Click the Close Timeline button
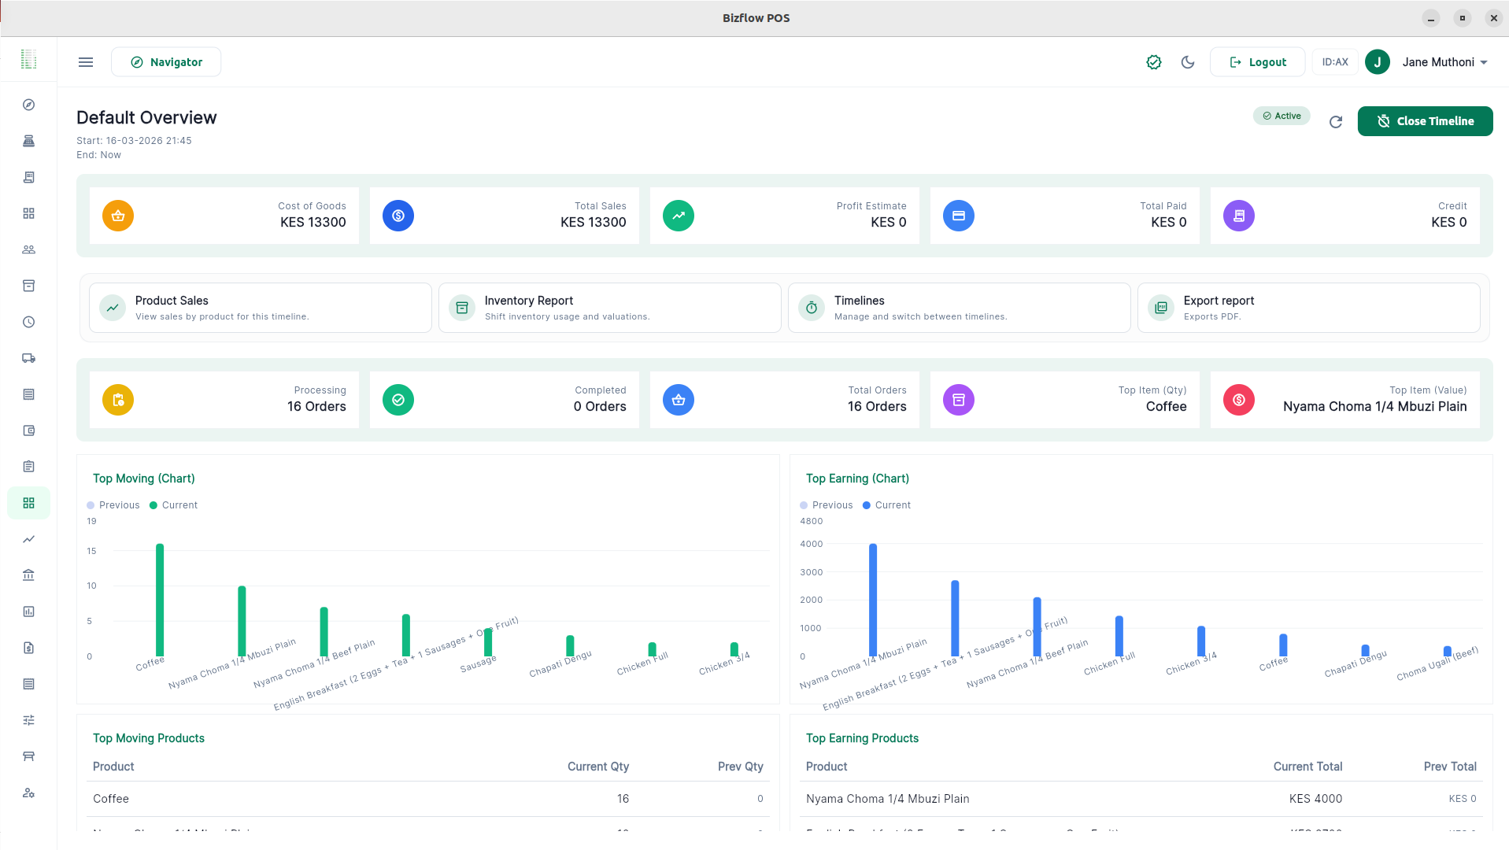click(1425, 121)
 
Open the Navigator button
click(166, 62)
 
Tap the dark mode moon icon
click(1188, 62)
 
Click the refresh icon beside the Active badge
click(1336, 122)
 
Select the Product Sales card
click(260, 308)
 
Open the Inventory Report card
click(609, 308)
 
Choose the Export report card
click(1307, 308)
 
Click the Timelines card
click(959, 308)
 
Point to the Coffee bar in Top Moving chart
click(160, 600)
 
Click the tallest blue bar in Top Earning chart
click(873, 600)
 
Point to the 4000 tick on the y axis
click(811, 544)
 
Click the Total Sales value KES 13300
click(593, 223)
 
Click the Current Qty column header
click(597, 767)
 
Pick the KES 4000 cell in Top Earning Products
click(1315, 799)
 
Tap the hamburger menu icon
click(86, 62)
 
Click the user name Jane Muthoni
click(1437, 62)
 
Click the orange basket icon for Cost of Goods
click(118, 216)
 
